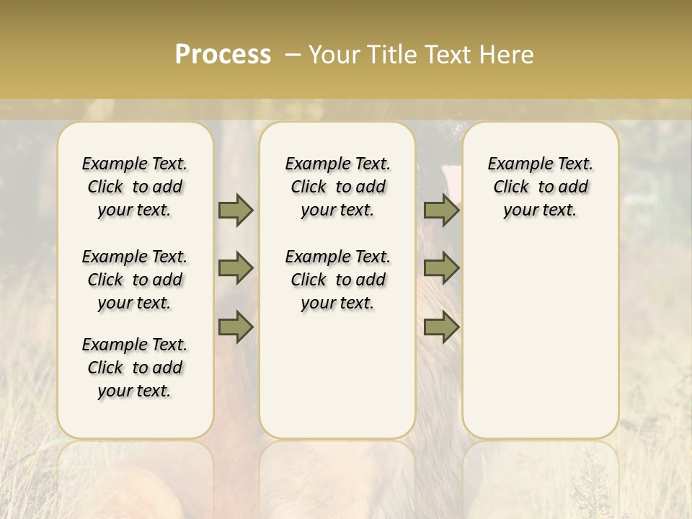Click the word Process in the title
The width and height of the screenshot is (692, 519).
tap(223, 55)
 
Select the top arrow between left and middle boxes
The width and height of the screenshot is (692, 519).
tap(236, 210)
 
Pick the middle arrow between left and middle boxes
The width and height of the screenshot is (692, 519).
tap(236, 268)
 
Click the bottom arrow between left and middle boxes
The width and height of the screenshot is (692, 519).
tap(236, 327)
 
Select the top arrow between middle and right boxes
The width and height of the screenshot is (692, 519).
tap(441, 210)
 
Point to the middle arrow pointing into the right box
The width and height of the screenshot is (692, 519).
tap(441, 268)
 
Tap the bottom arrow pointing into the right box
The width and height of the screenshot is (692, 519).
tap(441, 327)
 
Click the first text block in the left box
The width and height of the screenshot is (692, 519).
tap(135, 187)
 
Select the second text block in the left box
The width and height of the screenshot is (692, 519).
tap(135, 280)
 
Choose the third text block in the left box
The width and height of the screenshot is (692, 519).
tap(135, 368)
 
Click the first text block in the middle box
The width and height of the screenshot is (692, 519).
tap(337, 187)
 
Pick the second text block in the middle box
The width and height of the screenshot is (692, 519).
tap(337, 280)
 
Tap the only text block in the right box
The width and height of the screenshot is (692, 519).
tap(540, 187)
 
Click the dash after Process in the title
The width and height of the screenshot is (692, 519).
tap(293, 55)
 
